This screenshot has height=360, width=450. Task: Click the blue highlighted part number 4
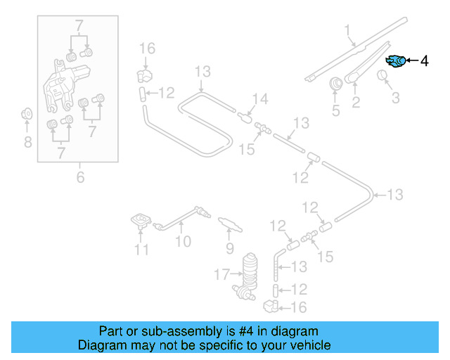397,61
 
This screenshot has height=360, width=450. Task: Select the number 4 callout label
424,61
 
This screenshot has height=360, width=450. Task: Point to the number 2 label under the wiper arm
356,103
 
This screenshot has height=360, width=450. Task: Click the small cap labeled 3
384,76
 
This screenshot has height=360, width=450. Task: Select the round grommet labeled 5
337,84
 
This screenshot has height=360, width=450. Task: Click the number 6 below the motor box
79,177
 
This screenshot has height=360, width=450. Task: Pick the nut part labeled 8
27,113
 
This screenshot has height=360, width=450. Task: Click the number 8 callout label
27,143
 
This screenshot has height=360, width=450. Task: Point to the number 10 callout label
183,243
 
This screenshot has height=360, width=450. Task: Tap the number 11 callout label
142,250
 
